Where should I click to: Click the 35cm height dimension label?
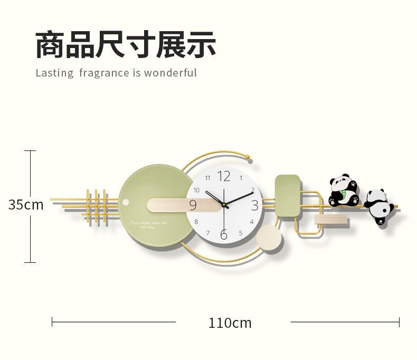tap(26, 205)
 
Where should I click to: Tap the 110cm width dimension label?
tap(230, 323)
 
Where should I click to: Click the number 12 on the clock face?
tap(224, 176)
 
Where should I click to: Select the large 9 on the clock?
tap(193, 205)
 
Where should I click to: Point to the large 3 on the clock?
tap(255, 205)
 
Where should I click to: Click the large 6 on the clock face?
tap(224, 235)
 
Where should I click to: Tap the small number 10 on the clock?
tap(196, 190)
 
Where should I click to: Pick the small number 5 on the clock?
tap(241, 233)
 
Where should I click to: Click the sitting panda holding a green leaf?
tap(343, 191)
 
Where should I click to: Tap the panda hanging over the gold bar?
tap(379, 205)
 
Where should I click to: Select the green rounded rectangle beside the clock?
tap(287, 195)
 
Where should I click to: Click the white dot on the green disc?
tap(126, 203)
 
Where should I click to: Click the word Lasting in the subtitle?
tap(54, 73)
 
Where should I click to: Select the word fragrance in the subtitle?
tap(103, 73)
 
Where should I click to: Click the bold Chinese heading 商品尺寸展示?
tap(126, 44)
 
